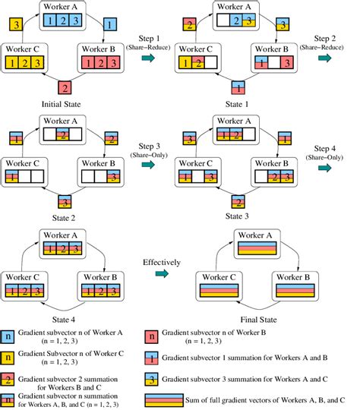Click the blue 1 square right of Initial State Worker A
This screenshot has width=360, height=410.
[109, 26]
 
